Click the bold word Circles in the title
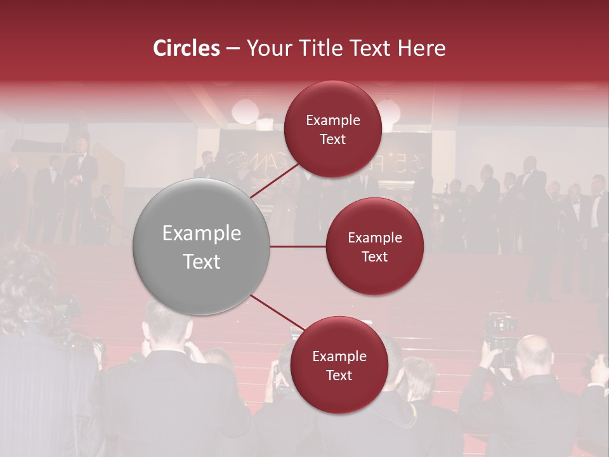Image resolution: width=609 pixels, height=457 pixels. tap(187, 48)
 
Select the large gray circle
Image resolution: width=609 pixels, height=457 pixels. tap(202, 246)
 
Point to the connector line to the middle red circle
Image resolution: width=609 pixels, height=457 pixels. tap(298, 246)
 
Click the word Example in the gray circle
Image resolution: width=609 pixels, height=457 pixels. tap(202, 233)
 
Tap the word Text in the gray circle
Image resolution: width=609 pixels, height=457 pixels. tap(202, 262)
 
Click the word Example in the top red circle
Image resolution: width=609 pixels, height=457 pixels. tap(333, 120)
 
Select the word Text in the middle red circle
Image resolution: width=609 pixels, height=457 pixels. tap(374, 256)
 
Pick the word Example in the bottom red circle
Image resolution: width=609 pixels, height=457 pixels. tap(339, 356)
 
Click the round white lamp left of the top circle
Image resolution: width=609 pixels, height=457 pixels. tap(244, 111)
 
